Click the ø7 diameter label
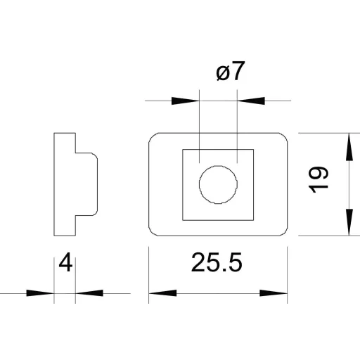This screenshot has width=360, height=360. click(x=231, y=71)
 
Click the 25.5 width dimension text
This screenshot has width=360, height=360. click(x=217, y=262)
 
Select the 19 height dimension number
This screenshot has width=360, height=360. click(x=319, y=179)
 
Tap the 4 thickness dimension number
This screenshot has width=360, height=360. click(x=65, y=262)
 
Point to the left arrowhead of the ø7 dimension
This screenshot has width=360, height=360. click(x=186, y=101)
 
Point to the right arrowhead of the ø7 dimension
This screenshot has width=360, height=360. click(x=251, y=101)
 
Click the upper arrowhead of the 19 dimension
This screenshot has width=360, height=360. click(x=349, y=147)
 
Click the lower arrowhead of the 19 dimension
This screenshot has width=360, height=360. click(x=349, y=222)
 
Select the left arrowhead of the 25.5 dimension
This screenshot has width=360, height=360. click(x=162, y=293)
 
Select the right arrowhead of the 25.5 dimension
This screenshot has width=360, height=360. click(x=274, y=293)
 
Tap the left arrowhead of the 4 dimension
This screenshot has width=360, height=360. click(x=40, y=293)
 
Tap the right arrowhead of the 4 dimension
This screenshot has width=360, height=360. click(x=89, y=293)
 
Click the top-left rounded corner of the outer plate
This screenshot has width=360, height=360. click(x=152, y=136)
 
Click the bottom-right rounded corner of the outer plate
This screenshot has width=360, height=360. click(x=284, y=233)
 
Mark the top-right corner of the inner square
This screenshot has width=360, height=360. click(x=253, y=149)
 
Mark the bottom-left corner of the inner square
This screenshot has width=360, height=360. click(x=183, y=220)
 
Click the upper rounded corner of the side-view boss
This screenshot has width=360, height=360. click(x=96, y=155)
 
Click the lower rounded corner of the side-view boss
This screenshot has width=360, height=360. click(x=96, y=213)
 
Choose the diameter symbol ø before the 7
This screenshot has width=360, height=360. click(x=223, y=73)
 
